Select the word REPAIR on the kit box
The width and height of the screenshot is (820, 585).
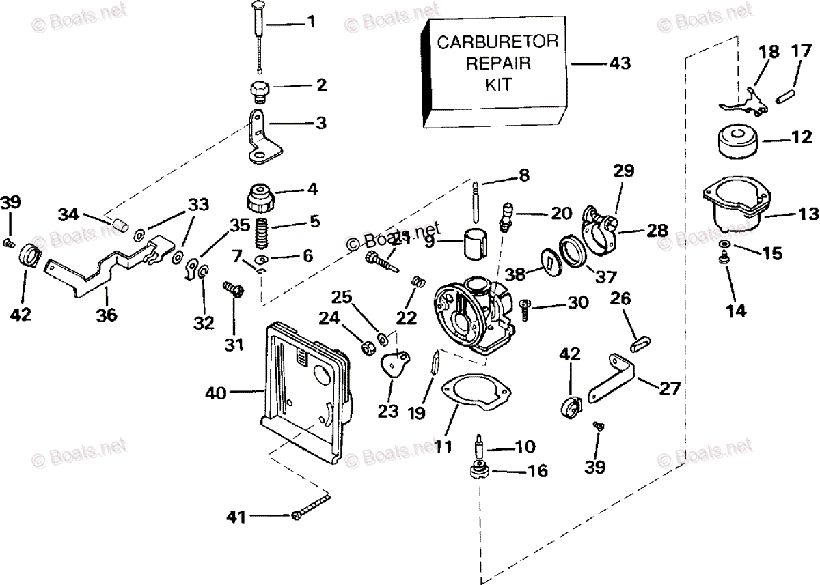497,63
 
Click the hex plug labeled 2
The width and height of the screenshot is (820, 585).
259,89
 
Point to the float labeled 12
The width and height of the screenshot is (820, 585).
737,142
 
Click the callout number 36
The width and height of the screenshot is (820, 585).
107,315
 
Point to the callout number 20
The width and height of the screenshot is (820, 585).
561,213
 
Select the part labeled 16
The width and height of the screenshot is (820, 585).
478,472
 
